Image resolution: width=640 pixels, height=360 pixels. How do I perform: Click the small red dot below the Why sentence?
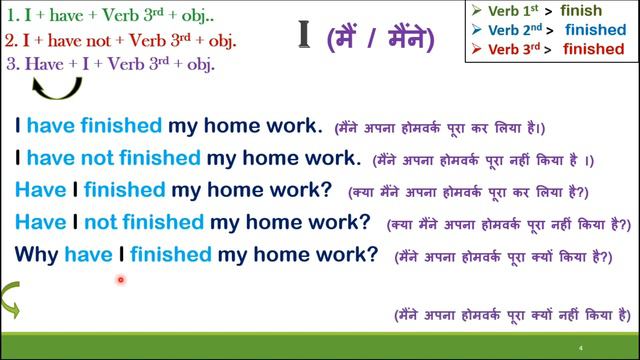coord(121,281)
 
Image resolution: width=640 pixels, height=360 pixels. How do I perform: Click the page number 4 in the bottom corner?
coord(580,348)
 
